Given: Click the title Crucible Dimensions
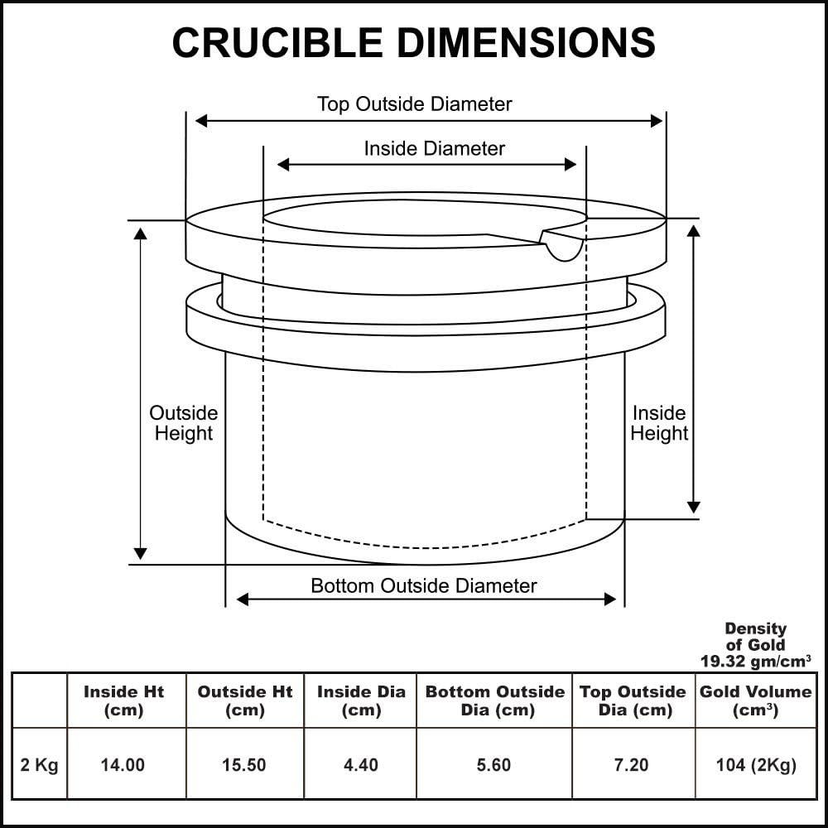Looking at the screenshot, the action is point(413,42).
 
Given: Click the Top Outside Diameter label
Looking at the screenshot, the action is point(414,104).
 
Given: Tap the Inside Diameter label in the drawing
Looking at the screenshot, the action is point(434,148).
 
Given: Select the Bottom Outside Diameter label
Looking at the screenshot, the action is point(423,586).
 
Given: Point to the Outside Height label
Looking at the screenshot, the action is point(183,423).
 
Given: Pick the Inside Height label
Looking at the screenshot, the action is point(659,423).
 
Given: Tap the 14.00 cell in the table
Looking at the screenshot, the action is point(123,765).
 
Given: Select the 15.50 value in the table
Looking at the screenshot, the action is point(244,765).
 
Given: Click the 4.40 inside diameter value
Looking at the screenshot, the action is point(360,765).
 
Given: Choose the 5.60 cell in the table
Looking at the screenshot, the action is point(493,765).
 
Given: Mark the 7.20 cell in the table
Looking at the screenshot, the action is point(631,765).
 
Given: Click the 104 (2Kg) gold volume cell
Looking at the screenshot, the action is point(755,765).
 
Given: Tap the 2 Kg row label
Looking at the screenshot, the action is point(39,765).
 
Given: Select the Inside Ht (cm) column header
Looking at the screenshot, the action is point(123,700).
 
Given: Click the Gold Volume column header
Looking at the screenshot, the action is point(755,700).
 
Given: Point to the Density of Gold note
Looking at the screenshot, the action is point(755,644).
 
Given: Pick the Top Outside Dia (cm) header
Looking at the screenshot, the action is point(633,700).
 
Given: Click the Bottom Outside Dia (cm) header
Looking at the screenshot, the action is point(494,700).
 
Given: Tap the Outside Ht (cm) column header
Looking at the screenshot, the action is point(244,700).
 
